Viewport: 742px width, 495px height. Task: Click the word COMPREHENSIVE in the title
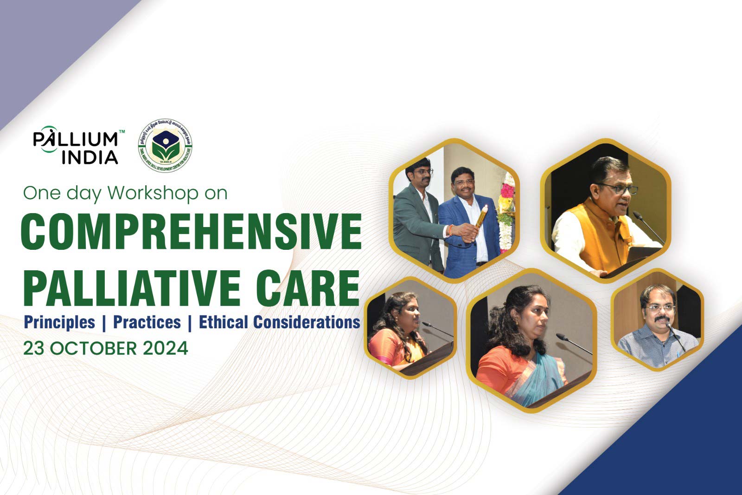pyautogui.click(x=191, y=231)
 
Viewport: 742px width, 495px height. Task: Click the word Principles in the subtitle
pyautogui.click(x=59, y=322)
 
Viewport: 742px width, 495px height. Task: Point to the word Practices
pyautogui.click(x=147, y=322)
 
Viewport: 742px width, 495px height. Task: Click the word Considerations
pyautogui.click(x=307, y=322)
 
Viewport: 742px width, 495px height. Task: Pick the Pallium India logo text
pyautogui.click(x=76, y=148)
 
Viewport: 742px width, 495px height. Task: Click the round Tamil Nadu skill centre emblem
pyautogui.click(x=165, y=145)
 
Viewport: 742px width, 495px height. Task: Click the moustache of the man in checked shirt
pyautogui.click(x=660, y=319)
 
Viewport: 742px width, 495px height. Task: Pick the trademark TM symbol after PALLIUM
pyautogui.click(x=122, y=132)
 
